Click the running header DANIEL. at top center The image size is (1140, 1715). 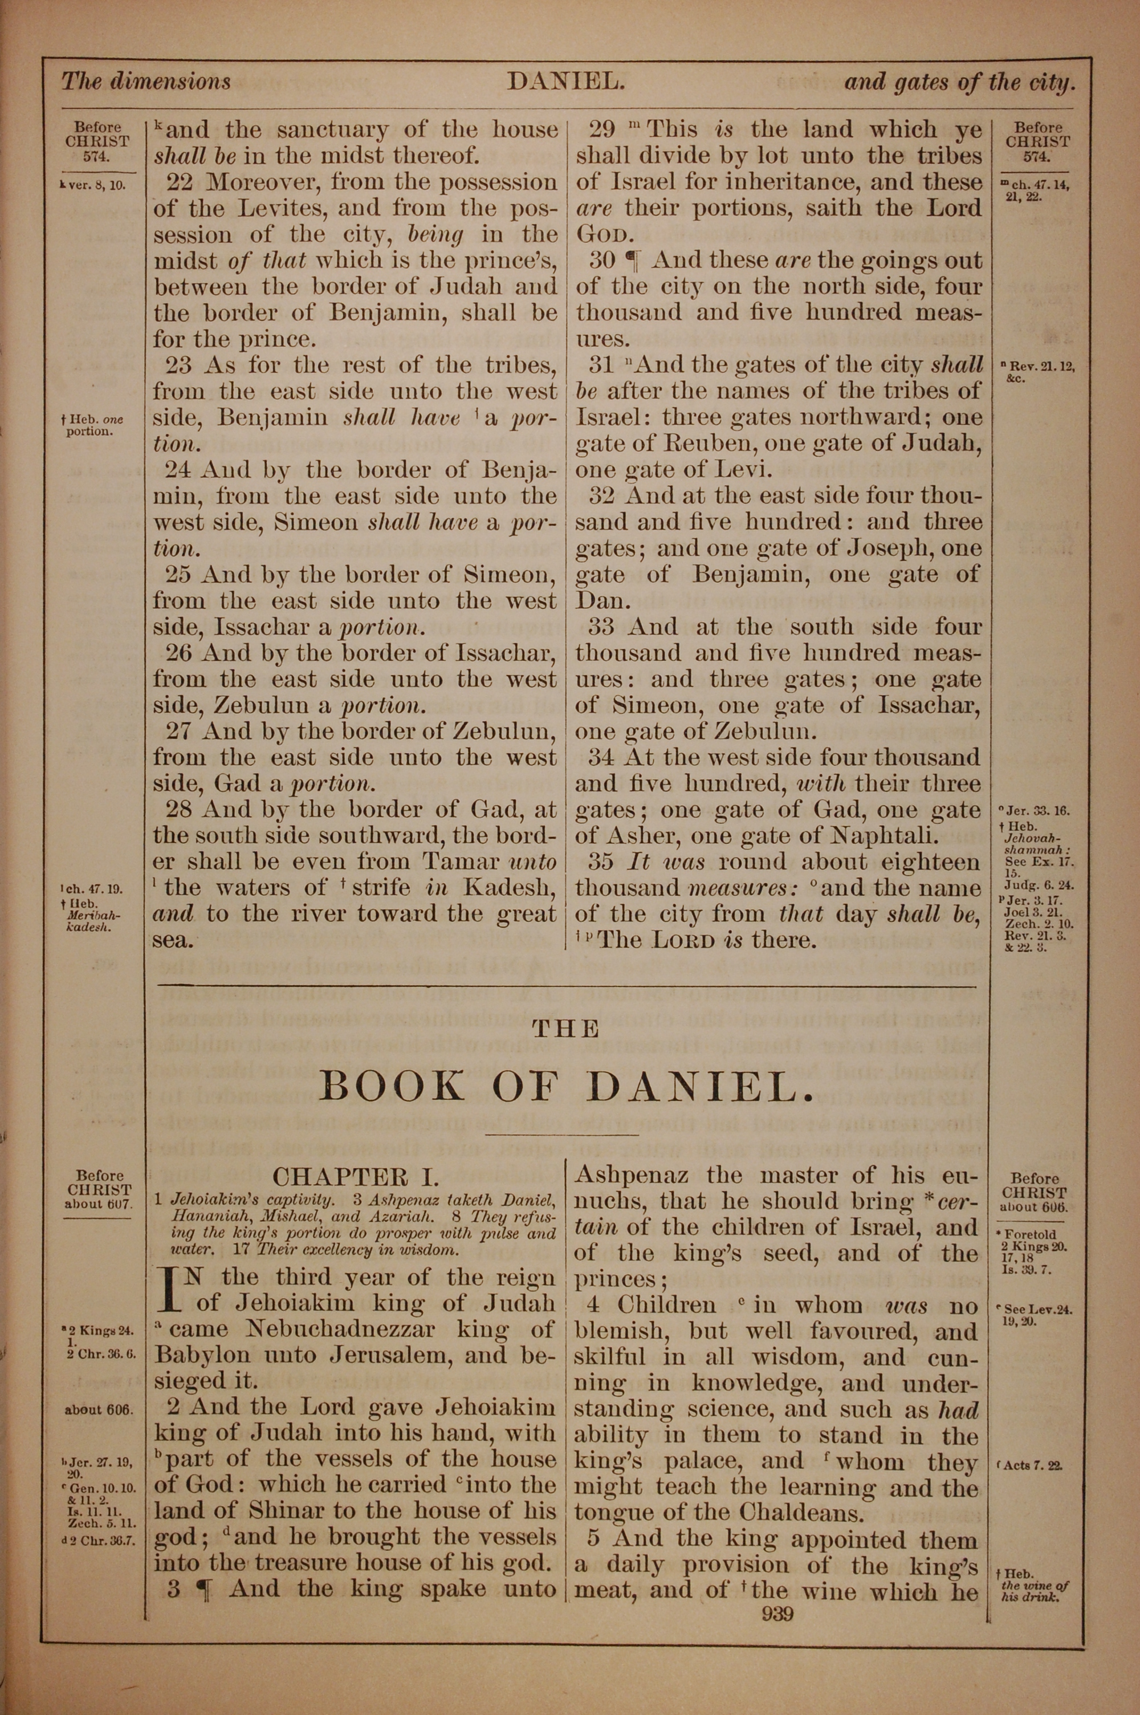coord(565,82)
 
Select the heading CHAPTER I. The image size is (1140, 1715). coord(356,1177)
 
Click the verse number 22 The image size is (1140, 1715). coord(179,182)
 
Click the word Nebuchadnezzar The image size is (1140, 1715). coord(341,1329)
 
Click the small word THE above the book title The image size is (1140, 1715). coord(565,1029)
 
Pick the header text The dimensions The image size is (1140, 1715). coord(146,82)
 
